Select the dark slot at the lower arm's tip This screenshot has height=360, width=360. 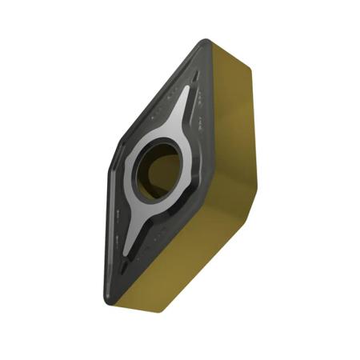pyautogui.click(x=118, y=268)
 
